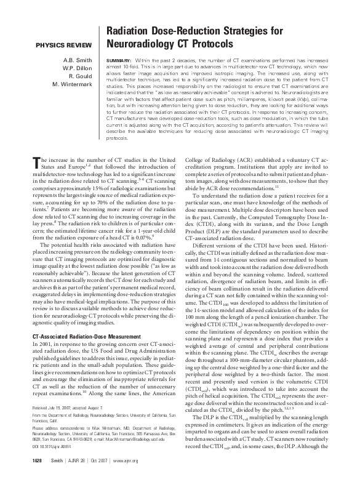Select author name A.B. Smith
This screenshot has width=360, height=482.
(76, 60)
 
